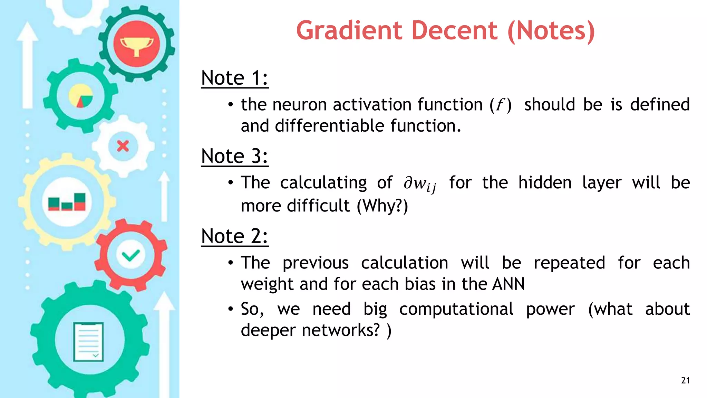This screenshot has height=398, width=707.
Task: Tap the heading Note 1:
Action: tap(235, 78)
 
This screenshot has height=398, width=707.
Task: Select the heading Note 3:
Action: tap(235, 156)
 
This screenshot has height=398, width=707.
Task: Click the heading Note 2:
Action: tap(235, 236)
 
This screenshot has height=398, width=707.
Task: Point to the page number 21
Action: tap(685, 380)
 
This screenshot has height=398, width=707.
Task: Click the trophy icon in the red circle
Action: tap(137, 44)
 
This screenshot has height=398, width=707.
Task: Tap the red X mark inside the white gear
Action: tap(123, 146)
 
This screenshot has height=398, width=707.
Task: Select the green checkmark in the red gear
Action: tap(131, 255)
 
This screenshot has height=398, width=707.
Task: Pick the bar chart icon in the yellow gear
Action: tap(67, 202)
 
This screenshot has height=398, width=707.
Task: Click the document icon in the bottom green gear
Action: tap(88, 342)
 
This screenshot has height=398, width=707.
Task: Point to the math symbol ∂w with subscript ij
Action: tap(420, 183)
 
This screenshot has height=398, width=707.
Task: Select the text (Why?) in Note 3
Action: tap(382, 206)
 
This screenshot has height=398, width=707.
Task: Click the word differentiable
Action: tap(329, 126)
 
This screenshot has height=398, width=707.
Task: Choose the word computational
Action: tap(456, 309)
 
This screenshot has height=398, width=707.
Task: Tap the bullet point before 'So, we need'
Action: tap(231, 309)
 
